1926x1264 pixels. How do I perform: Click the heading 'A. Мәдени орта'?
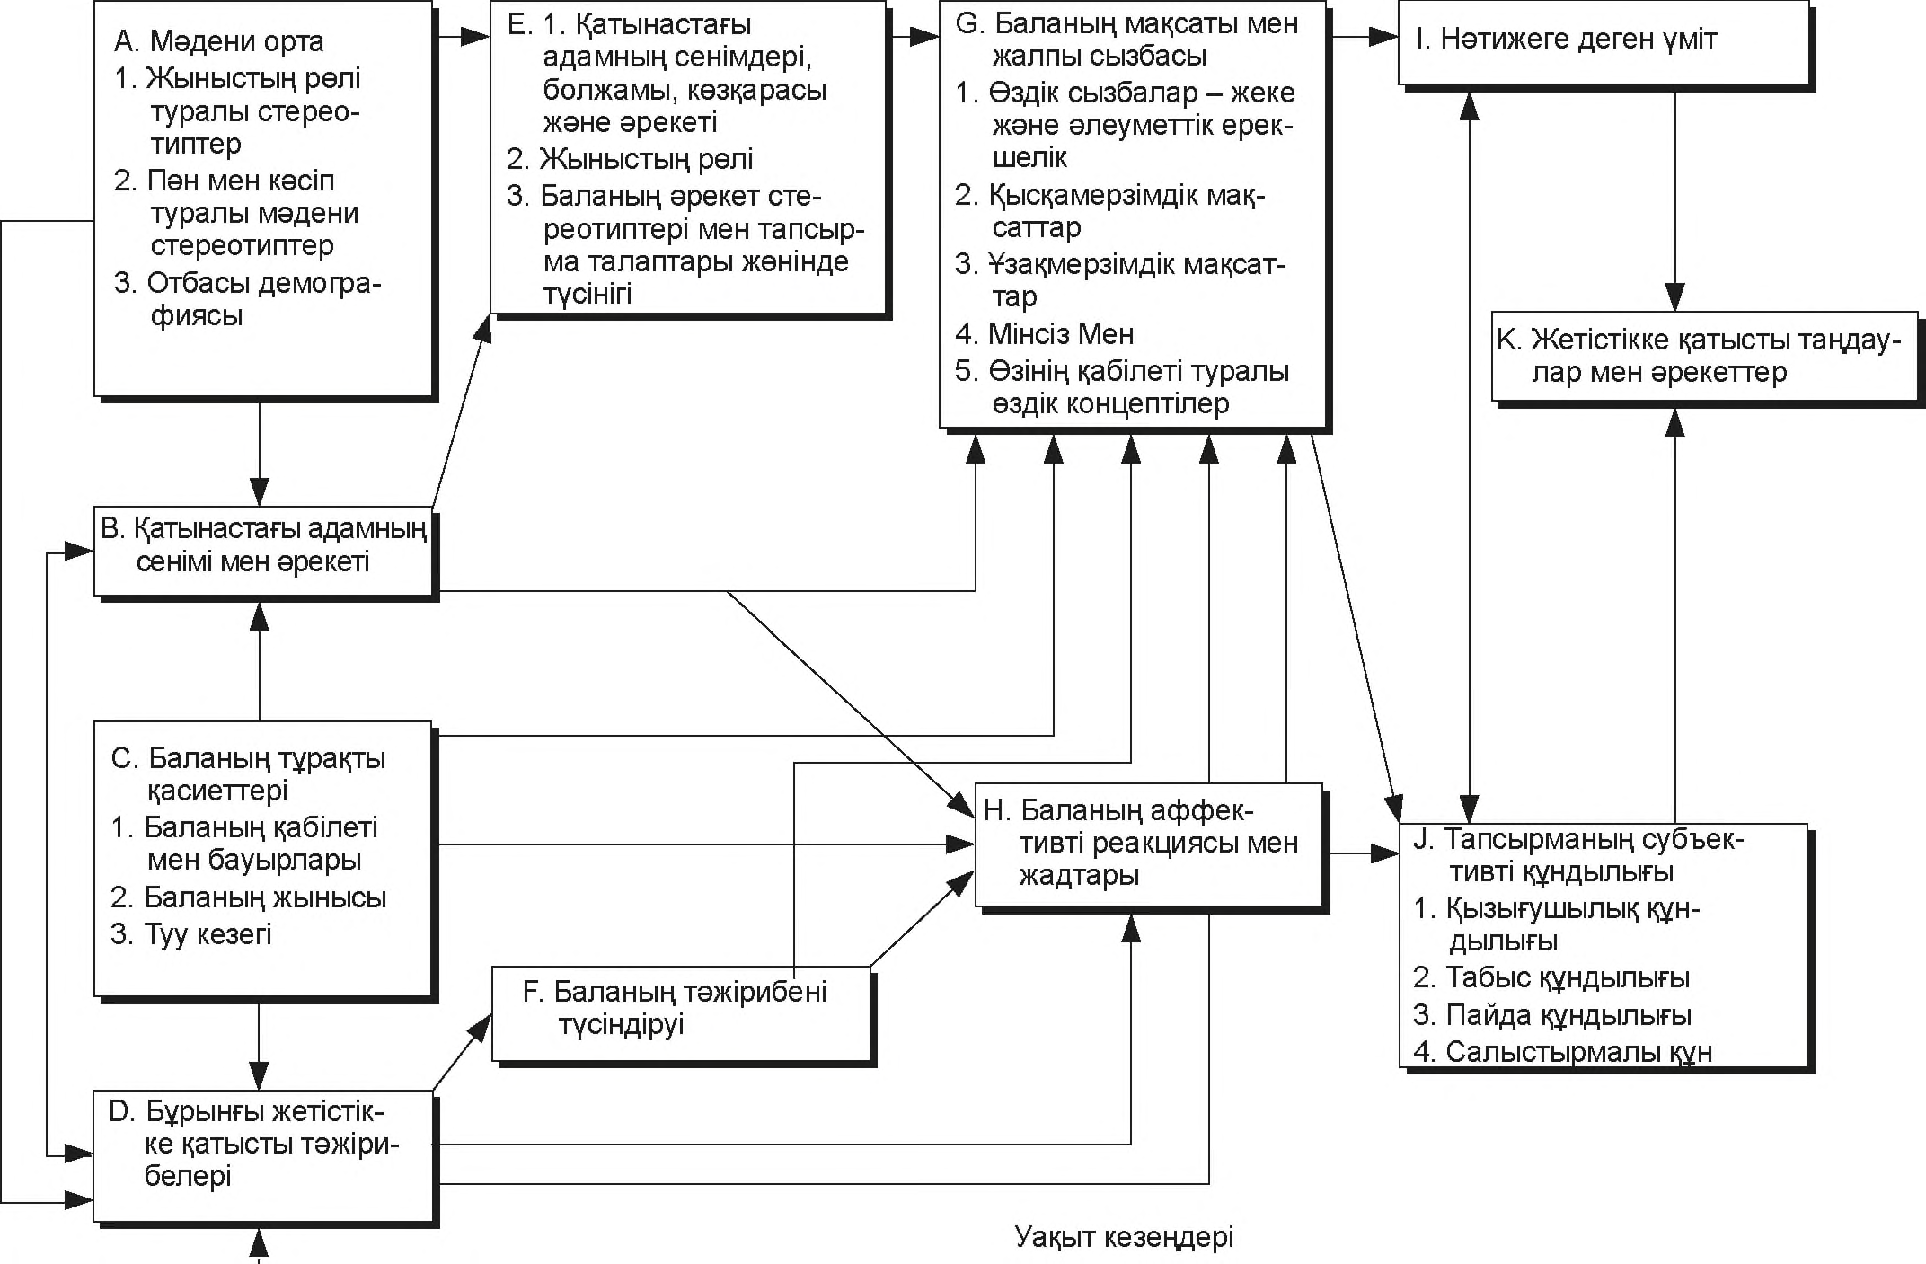click(218, 41)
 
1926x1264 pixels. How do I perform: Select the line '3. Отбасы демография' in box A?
click(247, 299)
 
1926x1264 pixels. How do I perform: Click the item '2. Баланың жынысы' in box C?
click(249, 897)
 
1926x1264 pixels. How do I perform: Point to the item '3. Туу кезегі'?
click(191, 934)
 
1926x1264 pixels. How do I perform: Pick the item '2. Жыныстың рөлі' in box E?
click(630, 159)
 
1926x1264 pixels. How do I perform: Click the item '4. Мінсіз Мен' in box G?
click(1044, 334)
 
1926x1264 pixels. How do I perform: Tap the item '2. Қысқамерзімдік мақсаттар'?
click(1109, 210)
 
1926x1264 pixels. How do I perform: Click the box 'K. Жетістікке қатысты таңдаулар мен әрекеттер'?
click(1704, 356)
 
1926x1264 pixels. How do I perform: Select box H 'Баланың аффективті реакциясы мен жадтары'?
click(1148, 844)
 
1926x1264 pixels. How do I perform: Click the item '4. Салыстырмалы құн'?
click(1562, 1052)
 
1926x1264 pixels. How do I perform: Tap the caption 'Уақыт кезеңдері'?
click(1124, 1237)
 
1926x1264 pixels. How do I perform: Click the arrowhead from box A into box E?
click(476, 36)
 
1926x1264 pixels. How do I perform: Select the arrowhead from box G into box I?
click(1385, 37)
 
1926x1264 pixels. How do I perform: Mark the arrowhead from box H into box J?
click(1386, 853)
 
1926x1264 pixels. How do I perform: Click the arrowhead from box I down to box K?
click(1674, 297)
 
